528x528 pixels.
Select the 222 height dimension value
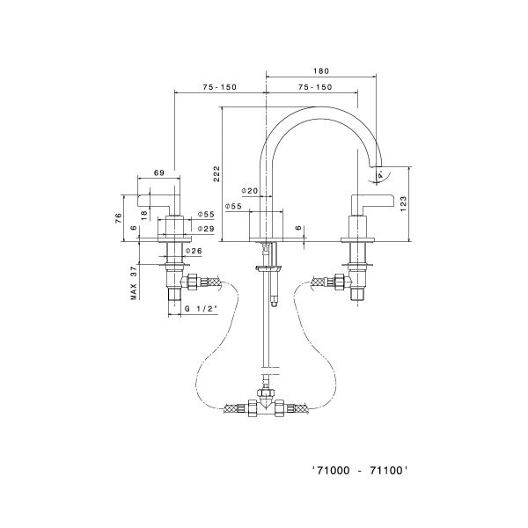pos(216,173)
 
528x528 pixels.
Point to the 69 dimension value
pos(159,173)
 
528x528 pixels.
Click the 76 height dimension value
pos(118,217)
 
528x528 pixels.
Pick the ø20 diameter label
pos(249,191)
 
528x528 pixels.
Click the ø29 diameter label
pos(204,229)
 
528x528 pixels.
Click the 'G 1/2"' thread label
pos(202,309)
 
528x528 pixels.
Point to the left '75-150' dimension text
pos(219,86)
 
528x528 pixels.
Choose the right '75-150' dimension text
pos(314,86)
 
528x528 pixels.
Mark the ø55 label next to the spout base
pos(233,206)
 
